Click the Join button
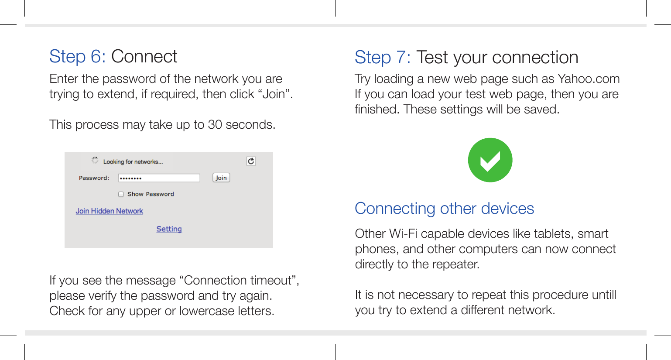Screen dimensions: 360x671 tap(221, 178)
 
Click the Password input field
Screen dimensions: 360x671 tap(159, 178)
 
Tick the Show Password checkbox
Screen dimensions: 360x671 tap(121, 194)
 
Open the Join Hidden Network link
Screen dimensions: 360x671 tap(109, 211)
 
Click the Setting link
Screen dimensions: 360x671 tap(169, 229)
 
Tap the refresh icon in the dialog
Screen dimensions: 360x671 tap(251, 161)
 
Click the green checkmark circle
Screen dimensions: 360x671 tap(490, 160)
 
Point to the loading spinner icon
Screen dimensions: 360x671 tap(95, 160)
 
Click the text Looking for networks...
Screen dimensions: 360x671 tap(133, 162)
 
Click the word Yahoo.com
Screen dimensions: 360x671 tap(589, 79)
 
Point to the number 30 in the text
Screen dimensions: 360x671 tap(215, 125)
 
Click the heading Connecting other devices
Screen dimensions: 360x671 tap(444, 209)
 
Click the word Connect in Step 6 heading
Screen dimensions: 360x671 tap(144, 57)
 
